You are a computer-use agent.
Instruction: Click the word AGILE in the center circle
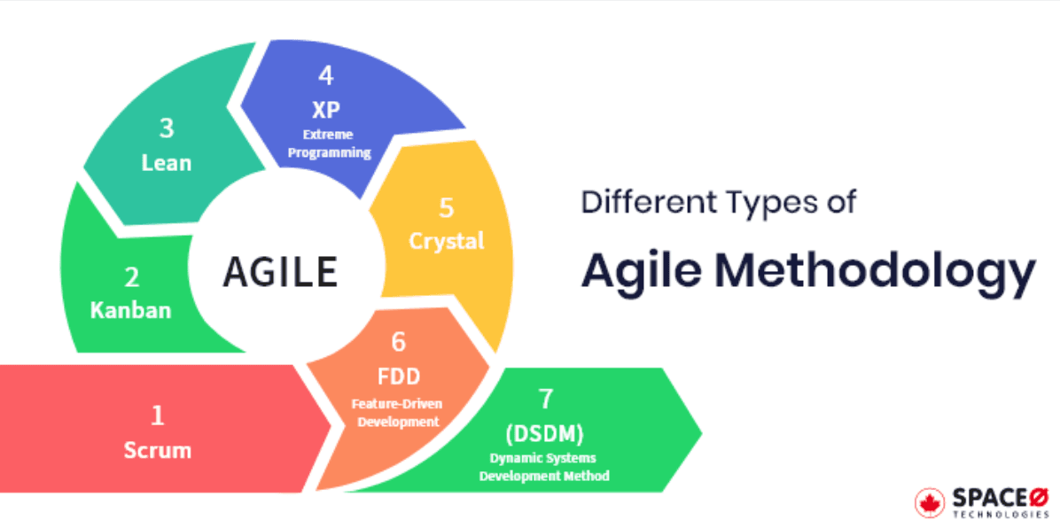click(x=280, y=271)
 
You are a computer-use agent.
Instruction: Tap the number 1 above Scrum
click(x=158, y=415)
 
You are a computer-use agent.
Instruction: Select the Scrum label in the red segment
click(x=158, y=449)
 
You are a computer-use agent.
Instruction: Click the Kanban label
click(x=130, y=311)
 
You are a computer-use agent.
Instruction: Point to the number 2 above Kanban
click(x=131, y=278)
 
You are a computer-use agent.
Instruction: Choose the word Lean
click(x=167, y=163)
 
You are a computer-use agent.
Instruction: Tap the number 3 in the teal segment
click(x=167, y=129)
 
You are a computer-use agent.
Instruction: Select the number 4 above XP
click(x=326, y=76)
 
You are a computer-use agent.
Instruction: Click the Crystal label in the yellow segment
click(x=447, y=241)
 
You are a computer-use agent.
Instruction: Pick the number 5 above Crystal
click(x=447, y=208)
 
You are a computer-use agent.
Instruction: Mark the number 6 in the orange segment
click(x=398, y=342)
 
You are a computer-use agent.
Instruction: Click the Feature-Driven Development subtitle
click(x=398, y=413)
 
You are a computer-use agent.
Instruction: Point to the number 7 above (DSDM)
click(x=546, y=399)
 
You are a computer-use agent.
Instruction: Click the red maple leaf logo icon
click(x=930, y=502)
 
